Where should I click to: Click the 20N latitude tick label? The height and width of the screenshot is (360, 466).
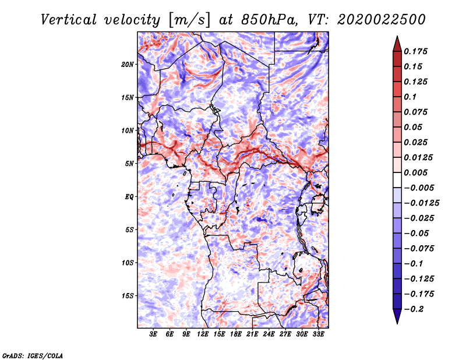[x=128, y=64]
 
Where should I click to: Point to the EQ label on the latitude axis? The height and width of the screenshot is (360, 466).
[x=129, y=197]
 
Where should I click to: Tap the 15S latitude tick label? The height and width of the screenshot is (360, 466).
[x=128, y=296]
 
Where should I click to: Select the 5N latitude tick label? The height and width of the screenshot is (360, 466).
[x=129, y=164]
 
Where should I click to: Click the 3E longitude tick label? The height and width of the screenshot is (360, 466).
[x=154, y=334]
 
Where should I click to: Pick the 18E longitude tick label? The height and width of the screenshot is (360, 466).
[x=236, y=334]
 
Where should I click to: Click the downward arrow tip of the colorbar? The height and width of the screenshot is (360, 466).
[x=397, y=322]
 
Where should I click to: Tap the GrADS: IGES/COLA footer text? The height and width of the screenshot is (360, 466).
[x=33, y=355]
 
